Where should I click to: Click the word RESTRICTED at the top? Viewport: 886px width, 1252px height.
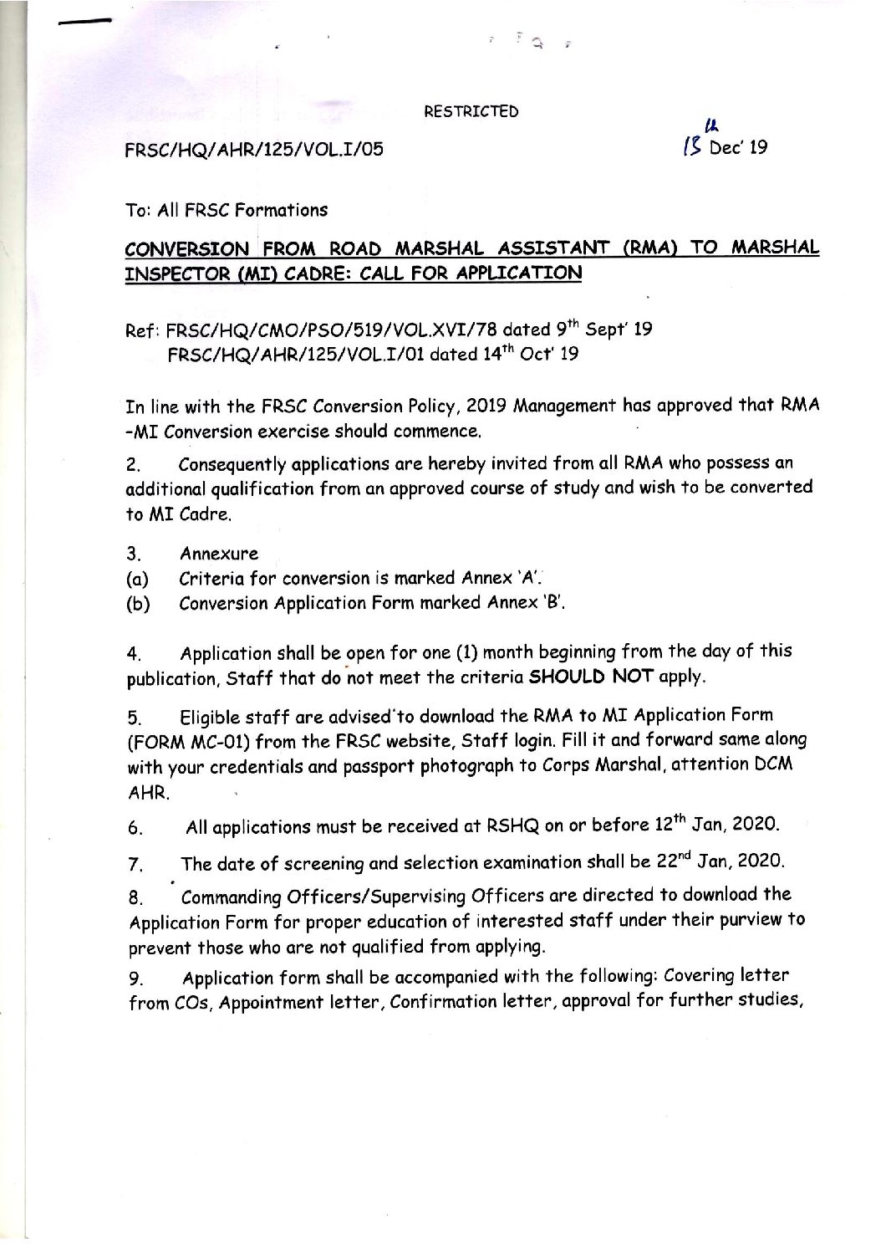(x=471, y=112)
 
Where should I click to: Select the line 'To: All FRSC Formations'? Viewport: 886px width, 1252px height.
(x=227, y=210)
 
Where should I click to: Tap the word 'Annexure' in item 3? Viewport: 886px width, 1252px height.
(x=218, y=553)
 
